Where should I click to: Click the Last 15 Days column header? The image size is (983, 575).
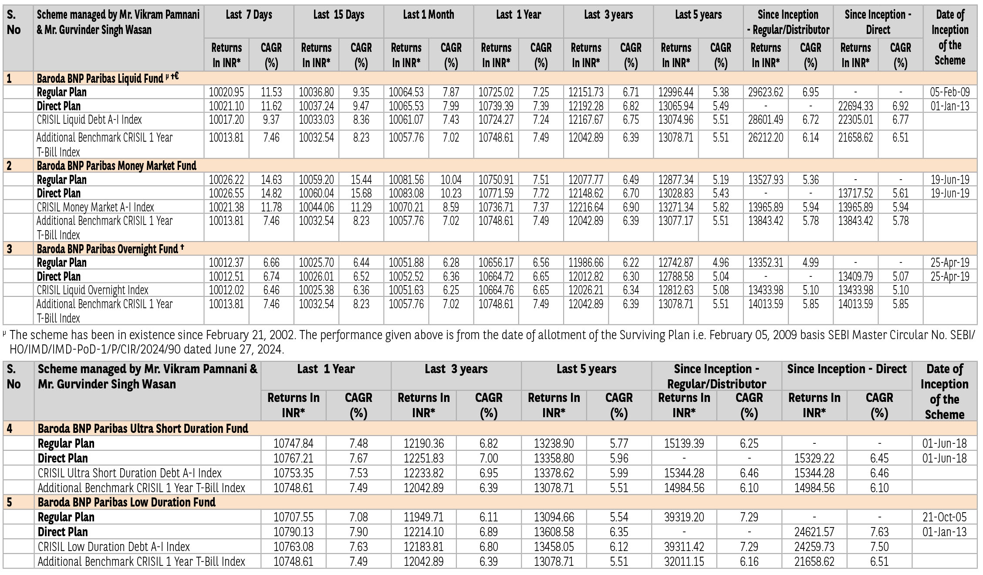(x=338, y=15)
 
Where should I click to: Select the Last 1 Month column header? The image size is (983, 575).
(x=428, y=15)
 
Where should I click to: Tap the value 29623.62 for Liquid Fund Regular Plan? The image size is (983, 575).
(x=766, y=92)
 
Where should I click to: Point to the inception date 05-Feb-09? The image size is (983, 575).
(x=949, y=92)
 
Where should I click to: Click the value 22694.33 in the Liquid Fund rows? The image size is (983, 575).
(x=855, y=106)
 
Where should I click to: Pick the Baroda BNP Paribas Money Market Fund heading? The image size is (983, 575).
(x=116, y=166)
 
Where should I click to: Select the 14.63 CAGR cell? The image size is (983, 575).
(x=271, y=180)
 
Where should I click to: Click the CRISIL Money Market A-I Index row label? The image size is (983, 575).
(x=95, y=207)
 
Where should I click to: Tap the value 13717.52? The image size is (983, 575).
(x=855, y=193)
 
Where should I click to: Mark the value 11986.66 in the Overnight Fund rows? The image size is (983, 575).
(x=586, y=262)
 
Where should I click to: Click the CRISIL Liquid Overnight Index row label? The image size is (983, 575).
(x=92, y=290)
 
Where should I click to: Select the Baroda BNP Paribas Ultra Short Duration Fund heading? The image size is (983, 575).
(x=143, y=429)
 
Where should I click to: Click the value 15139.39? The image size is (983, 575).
(x=684, y=443)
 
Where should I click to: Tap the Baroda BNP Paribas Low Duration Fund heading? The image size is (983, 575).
(x=126, y=502)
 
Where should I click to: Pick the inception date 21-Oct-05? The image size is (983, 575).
(x=944, y=517)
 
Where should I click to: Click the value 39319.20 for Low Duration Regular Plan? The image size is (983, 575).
(x=684, y=517)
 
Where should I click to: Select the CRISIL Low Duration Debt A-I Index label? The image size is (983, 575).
(x=114, y=547)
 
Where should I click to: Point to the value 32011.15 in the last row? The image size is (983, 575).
(x=684, y=561)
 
